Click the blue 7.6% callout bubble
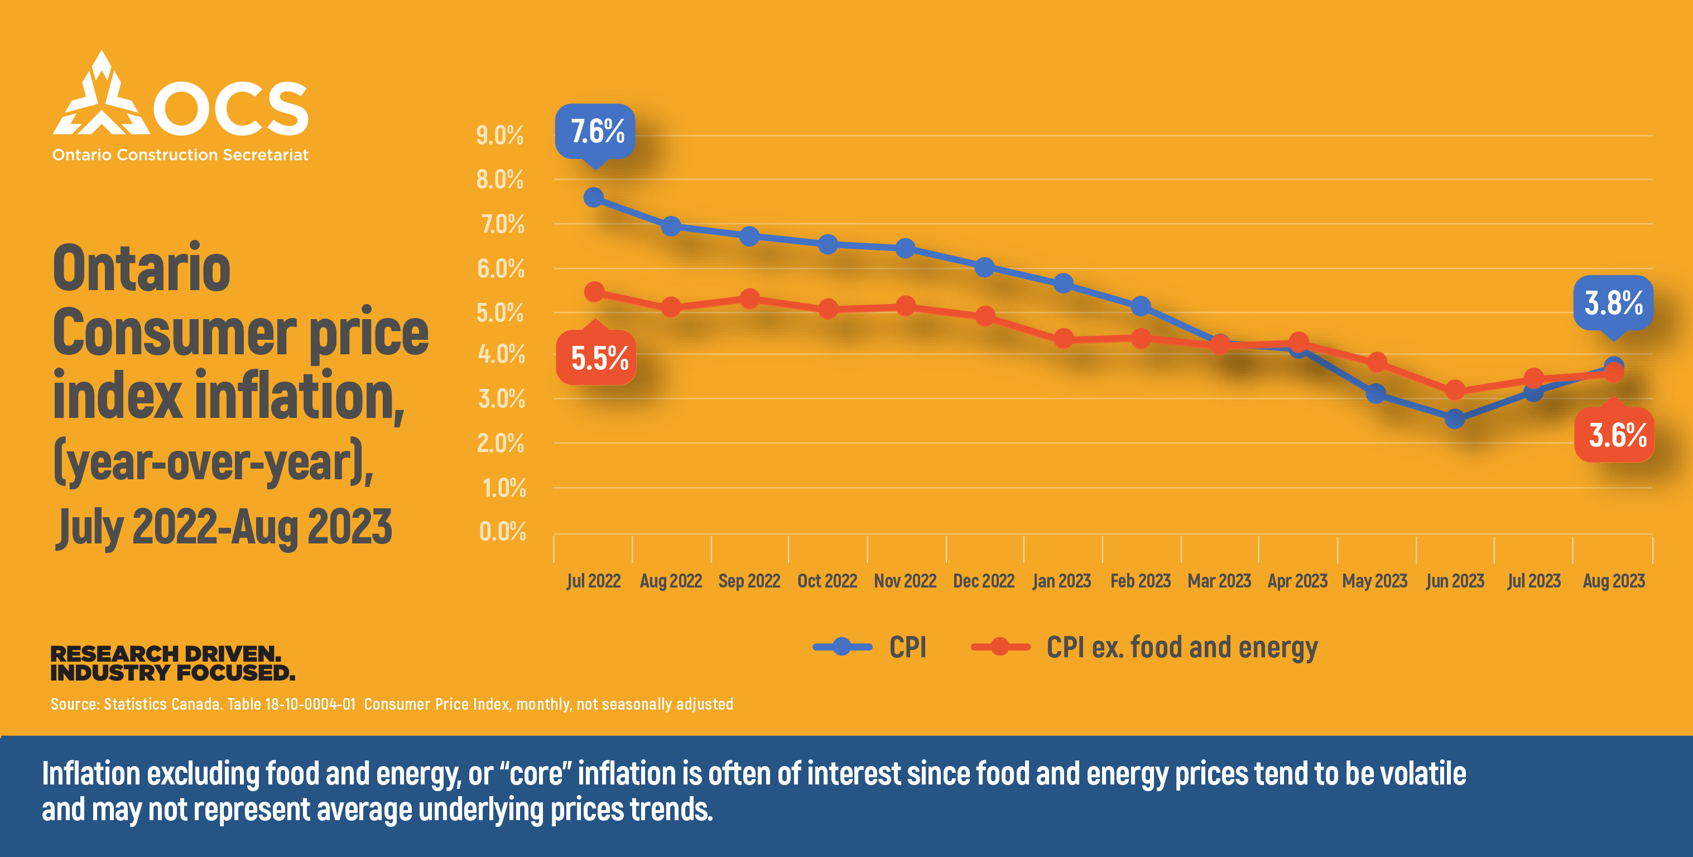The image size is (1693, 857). [595, 132]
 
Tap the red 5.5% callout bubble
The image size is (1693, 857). [597, 358]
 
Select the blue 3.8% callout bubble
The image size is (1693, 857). [1613, 303]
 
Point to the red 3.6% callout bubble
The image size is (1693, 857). [1615, 435]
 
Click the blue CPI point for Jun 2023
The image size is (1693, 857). [1454, 418]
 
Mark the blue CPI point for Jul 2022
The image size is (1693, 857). [594, 197]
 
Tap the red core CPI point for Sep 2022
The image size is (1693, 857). [749, 299]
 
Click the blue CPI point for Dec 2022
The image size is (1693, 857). [984, 267]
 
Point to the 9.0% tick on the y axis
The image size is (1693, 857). [499, 136]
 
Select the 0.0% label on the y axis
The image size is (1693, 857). [502, 532]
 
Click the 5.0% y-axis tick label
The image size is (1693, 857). [499, 313]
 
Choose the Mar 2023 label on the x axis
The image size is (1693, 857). [1219, 581]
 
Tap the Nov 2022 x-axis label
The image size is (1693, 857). [905, 581]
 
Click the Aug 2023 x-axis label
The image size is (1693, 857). [1613, 581]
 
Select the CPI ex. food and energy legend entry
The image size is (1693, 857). [1181, 648]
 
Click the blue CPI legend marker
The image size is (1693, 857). [842, 647]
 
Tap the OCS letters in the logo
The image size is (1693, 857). [230, 108]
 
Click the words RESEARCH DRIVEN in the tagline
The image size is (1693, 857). [166, 654]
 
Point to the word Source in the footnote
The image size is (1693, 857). [74, 705]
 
